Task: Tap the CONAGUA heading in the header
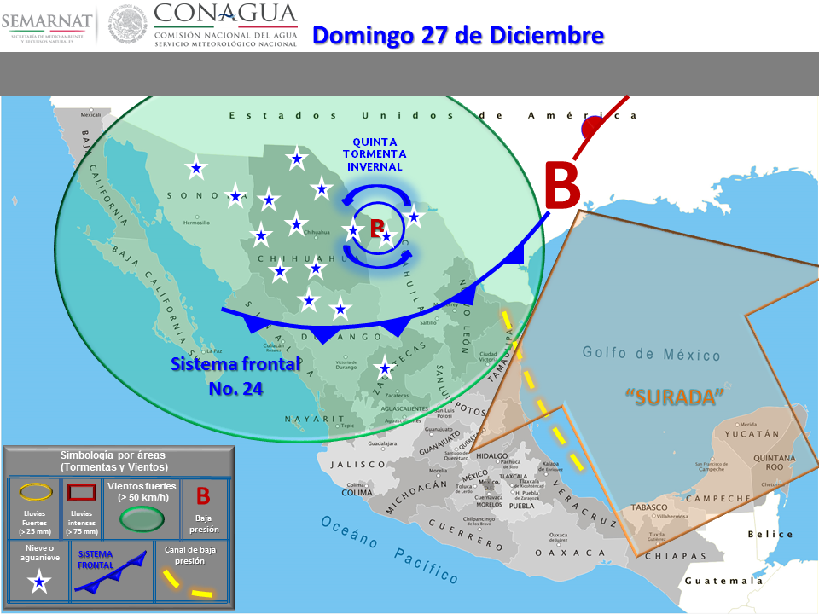click(225, 14)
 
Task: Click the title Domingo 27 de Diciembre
click(458, 36)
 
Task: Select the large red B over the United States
click(561, 186)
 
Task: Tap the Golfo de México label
click(652, 354)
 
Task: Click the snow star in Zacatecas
click(385, 368)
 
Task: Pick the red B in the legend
click(203, 495)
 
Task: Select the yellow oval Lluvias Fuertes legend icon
click(36, 491)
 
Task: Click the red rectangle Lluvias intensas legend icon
click(80, 491)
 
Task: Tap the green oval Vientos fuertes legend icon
click(141, 518)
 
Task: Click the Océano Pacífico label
click(388, 550)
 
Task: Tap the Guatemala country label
click(723, 581)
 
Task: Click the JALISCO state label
click(359, 465)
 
